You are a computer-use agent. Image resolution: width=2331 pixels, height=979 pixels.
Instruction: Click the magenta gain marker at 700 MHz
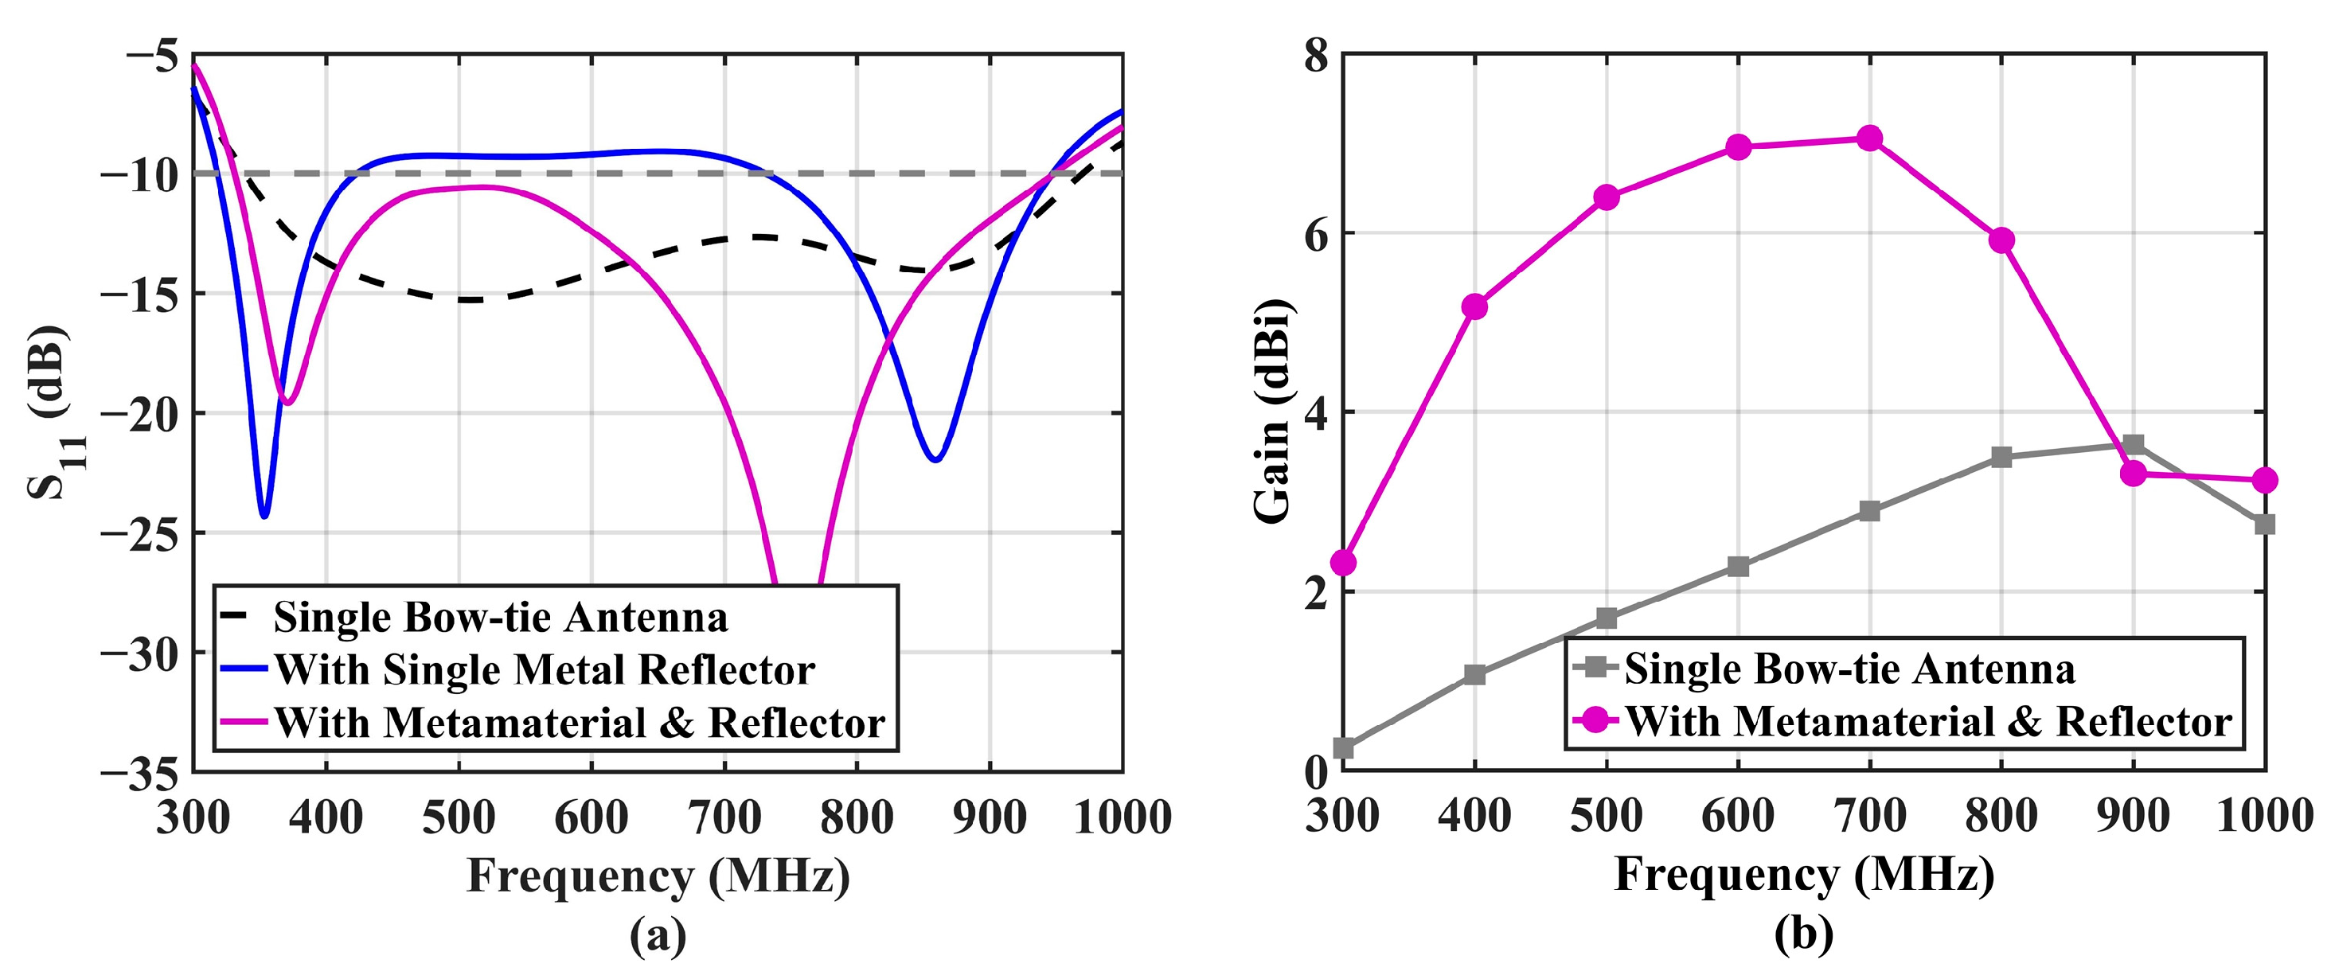tap(1869, 138)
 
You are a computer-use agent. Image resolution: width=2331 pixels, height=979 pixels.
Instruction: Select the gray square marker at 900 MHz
tap(2134, 444)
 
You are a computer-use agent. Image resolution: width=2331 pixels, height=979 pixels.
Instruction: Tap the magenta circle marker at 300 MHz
tap(1344, 563)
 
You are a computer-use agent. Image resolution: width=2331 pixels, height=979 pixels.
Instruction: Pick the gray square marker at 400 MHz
tap(1475, 674)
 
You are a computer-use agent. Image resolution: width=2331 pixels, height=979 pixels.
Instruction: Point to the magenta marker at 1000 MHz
tap(2264, 481)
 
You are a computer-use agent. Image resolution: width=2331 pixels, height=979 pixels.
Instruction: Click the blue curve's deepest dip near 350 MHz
tap(264, 516)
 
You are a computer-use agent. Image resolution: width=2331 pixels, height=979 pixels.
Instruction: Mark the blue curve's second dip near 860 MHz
tap(935, 459)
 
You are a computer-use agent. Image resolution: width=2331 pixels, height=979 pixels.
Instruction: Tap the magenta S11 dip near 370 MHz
tap(287, 403)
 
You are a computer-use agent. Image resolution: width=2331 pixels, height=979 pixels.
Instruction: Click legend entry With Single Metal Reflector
tap(544, 669)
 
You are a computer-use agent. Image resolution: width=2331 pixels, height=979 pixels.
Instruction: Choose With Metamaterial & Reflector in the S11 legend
tap(579, 722)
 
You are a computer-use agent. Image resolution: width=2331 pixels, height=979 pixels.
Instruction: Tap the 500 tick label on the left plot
tap(459, 817)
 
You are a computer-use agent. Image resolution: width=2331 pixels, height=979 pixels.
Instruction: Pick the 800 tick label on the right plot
tap(2001, 816)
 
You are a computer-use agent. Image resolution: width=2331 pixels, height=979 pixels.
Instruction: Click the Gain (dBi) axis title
tap(1274, 411)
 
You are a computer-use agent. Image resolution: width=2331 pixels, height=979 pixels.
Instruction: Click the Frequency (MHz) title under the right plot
tap(1804, 875)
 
